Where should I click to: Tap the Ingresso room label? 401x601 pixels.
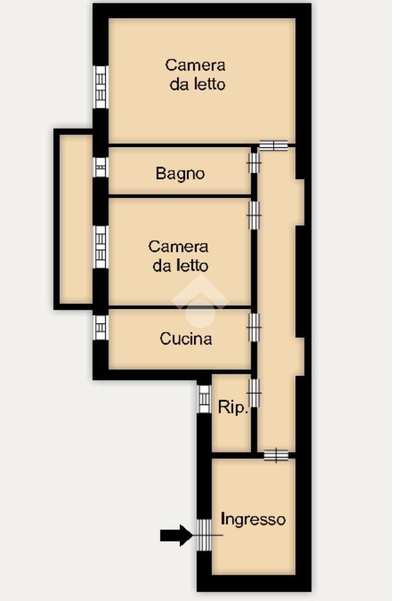pyautogui.click(x=253, y=520)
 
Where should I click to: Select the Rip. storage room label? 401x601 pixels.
pyautogui.click(x=232, y=407)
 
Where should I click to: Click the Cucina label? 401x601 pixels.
pyautogui.click(x=186, y=339)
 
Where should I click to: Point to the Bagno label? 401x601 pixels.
pyautogui.click(x=180, y=174)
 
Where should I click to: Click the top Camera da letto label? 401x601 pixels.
pyautogui.click(x=196, y=75)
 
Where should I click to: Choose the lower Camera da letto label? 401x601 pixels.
pyautogui.click(x=178, y=256)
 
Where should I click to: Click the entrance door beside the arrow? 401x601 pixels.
pyautogui.click(x=204, y=535)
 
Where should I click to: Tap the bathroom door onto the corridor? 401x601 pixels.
pyautogui.click(x=254, y=163)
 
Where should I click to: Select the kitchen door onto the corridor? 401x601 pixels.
pyautogui.click(x=254, y=327)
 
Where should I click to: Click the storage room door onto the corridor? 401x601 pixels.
pyautogui.click(x=254, y=393)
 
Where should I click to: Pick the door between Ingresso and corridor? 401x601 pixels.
pyautogui.click(x=276, y=455)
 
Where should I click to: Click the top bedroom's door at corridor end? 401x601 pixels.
pyautogui.click(x=274, y=146)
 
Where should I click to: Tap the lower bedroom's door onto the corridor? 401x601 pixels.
pyautogui.click(x=254, y=215)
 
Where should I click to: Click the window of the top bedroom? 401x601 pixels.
pyautogui.click(x=100, y=87)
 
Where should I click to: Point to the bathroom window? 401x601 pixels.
pyautogui.click(x=100, y=167)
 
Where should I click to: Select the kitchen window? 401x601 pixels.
pyautogui.click(x=100, y=327)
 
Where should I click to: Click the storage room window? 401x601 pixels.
pyautogui.click(x=204, y=399)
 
